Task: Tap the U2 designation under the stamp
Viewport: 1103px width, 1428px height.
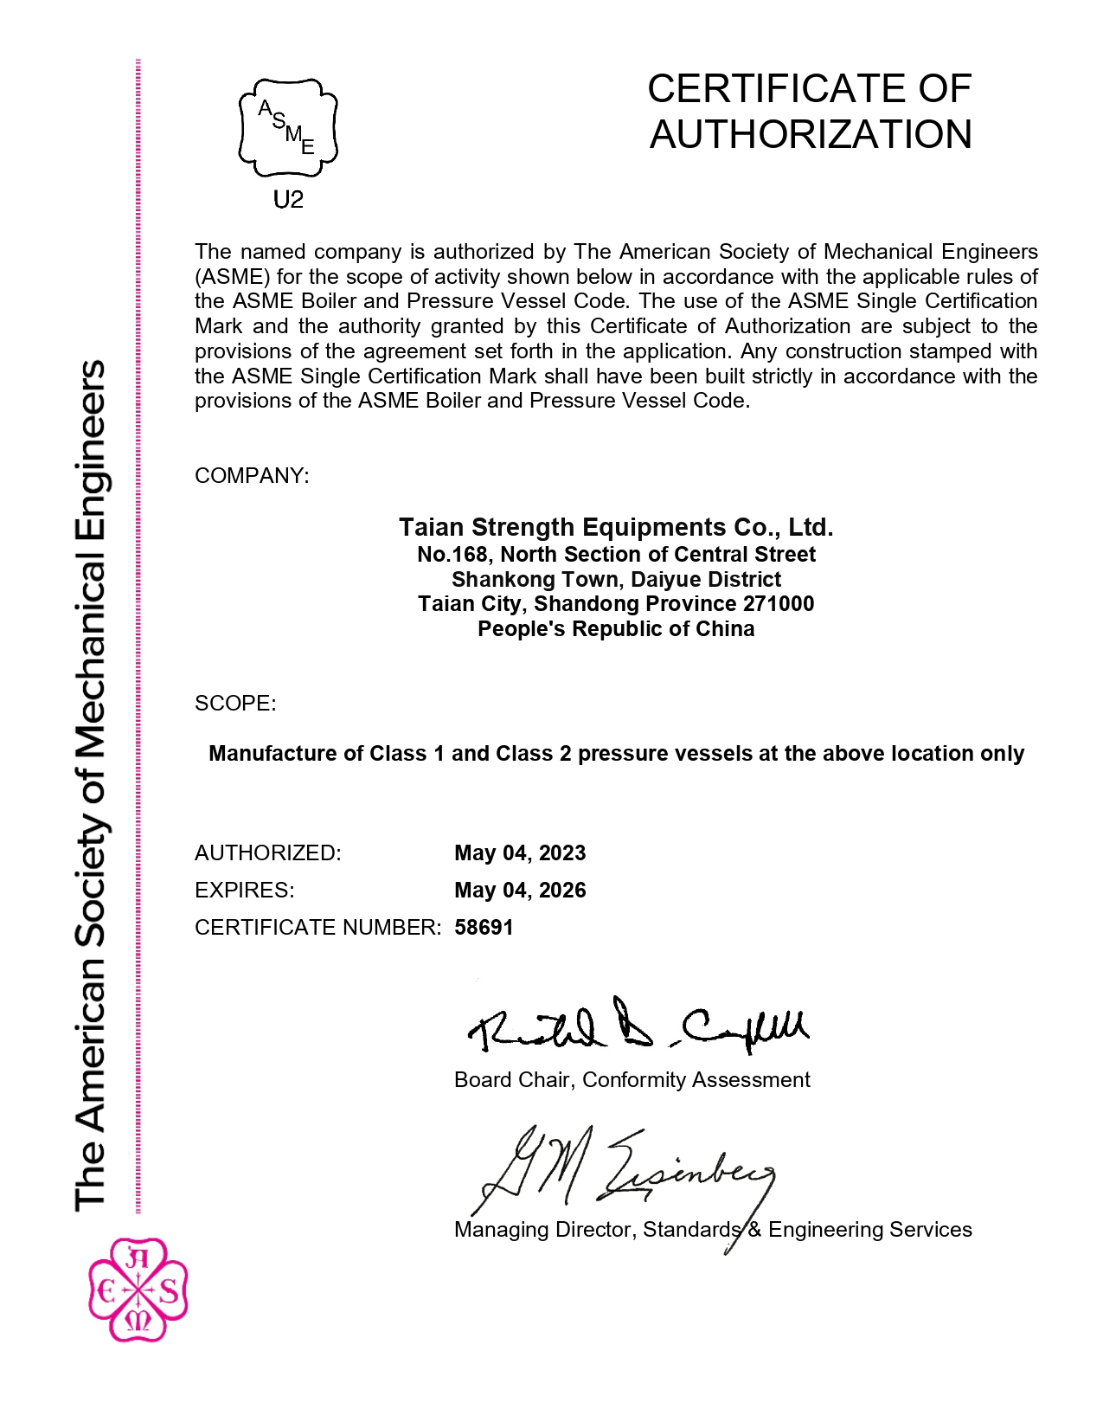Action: pyautogui.click(x=288, y=200)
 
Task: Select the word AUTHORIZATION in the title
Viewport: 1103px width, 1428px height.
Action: pyautogui.click(x=811, y=134)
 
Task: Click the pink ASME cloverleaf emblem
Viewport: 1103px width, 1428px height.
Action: pyautogui.click(x=138, y=1290)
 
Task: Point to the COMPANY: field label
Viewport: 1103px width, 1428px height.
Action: pyautogui.click(x=251, y=476)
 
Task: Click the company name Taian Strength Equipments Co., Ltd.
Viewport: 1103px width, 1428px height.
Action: pyautogui.click(x=616, y=527)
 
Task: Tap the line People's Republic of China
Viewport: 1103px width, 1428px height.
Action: pyautogui.click(x=616, y=628)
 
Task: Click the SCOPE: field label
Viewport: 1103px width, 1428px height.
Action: pyautogui.click(x=235, y=703)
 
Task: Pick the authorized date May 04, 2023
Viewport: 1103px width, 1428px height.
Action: pyautogui.click(x=520, y=852)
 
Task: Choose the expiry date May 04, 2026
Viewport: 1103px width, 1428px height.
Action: pyautogui.click(x=520, y=890)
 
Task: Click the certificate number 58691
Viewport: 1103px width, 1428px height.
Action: pyautogui.click(x=484, y=927)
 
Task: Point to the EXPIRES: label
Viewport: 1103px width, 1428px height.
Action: pyautogui.click(x=244, y=890)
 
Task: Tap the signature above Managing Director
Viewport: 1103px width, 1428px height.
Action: pyautogui.click(x=623, y=1173)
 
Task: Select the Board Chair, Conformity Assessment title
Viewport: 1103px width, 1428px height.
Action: pyautogui.click(x=632, y=1079)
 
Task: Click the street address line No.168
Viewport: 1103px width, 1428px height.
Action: pyautogui.click(x=616, y=554)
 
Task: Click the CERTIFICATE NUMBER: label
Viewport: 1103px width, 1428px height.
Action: pyautogui.click(x=317, y=927)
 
